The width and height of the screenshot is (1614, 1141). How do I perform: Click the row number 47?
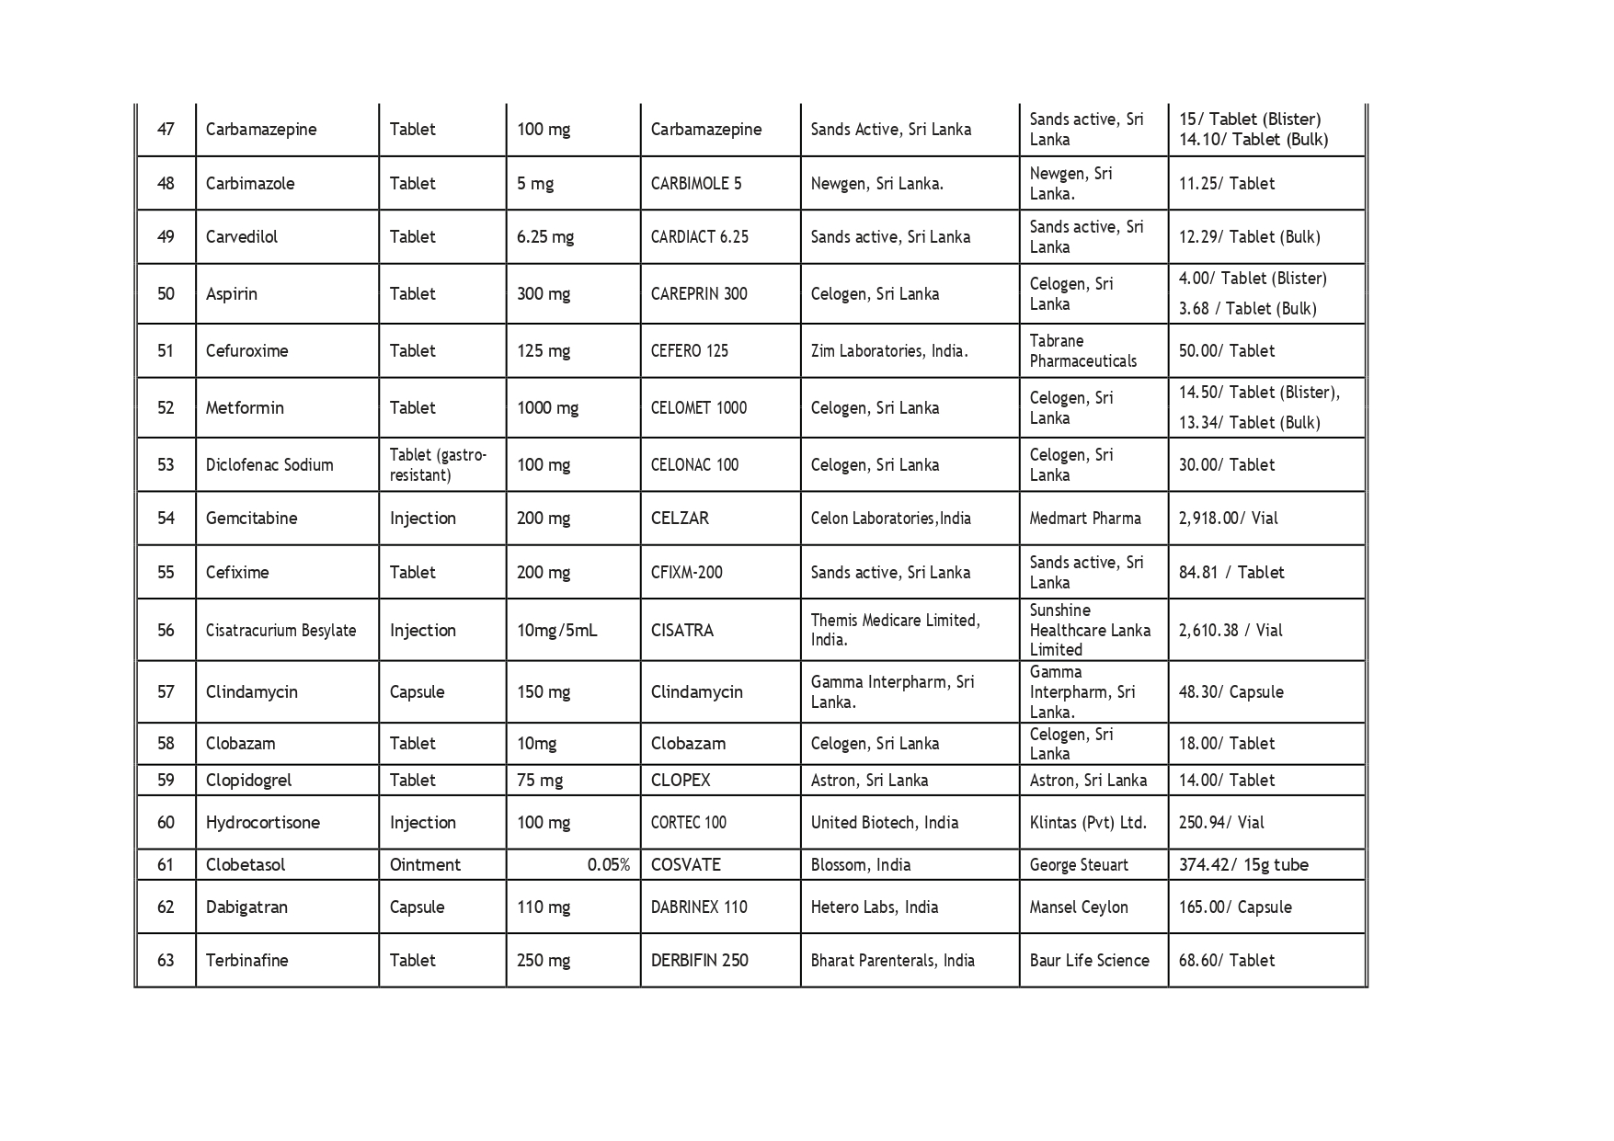click(166, 130)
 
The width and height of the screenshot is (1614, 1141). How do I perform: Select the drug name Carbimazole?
click(250, 183)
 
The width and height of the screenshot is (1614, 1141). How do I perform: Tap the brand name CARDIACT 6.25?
click(699, 236)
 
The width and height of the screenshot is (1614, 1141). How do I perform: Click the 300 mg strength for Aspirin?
click(543, 294)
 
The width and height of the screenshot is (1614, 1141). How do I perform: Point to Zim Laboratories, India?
click(888, 350)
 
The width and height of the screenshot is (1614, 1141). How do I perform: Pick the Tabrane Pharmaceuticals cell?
click(1082, 350)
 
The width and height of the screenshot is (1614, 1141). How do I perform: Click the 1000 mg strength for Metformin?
click(547, 407)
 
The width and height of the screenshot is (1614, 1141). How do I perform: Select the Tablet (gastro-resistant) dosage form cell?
click(438, 464)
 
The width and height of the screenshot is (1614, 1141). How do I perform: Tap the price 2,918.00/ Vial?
click(1228, 518)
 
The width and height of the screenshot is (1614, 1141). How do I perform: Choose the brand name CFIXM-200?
click(686, 572)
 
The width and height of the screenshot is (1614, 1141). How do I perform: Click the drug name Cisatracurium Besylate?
click(280, 630)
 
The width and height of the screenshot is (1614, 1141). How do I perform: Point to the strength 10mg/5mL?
click(556, 630)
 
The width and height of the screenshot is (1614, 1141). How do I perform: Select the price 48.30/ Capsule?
click(1231, 691)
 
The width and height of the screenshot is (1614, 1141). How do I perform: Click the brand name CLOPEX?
click(680, 780)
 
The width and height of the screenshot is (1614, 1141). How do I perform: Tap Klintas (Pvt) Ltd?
click(1088, 822)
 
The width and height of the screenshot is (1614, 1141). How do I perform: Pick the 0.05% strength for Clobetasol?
click(608, 864)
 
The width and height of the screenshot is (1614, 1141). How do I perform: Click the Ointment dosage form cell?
click(425, 864)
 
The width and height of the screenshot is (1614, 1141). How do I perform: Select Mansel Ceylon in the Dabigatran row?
click(1078, 907)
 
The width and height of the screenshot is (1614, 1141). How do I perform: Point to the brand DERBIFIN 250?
click(699, 960)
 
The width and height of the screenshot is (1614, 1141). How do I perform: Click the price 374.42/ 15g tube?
click(1243, 864)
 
